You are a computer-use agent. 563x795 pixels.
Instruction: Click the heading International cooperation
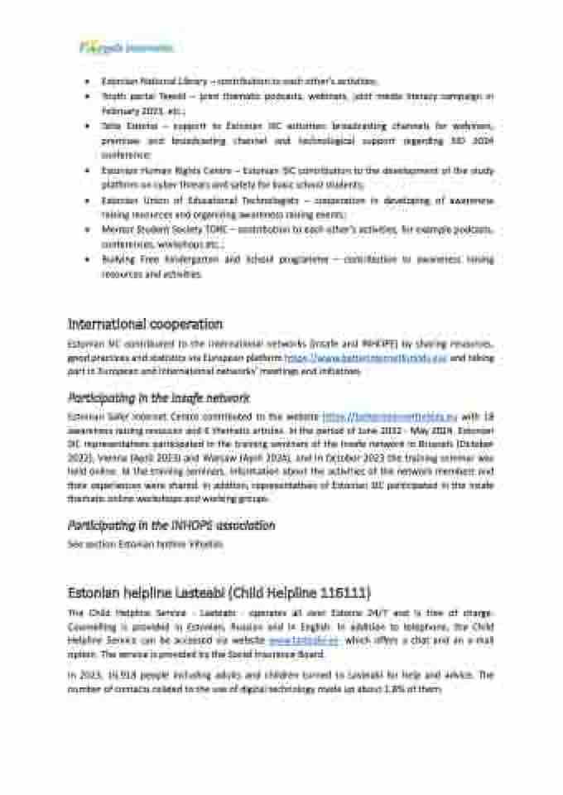coord(145,324)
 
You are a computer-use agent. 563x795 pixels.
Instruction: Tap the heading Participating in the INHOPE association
coord(171,525)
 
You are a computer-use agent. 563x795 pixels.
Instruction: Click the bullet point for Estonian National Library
coord(88,82)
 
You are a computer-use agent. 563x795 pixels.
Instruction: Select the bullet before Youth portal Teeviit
coord(88,97)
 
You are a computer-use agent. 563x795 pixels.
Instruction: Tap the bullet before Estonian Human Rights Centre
coord(88,170)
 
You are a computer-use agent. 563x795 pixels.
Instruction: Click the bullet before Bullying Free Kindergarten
coord(88,258)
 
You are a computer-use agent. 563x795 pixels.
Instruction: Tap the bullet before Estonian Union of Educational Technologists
coord(88,200)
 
